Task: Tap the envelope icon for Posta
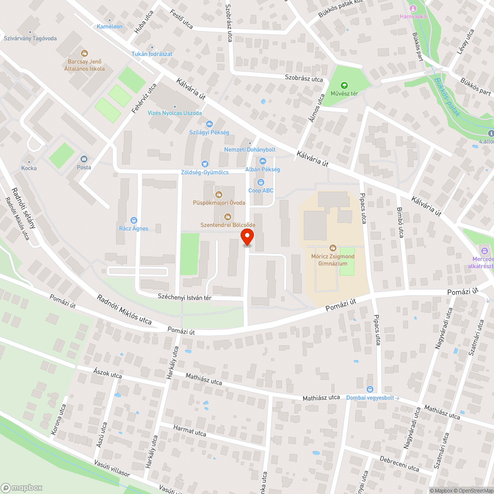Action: pos(83,159)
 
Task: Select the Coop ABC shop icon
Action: pos(261,182)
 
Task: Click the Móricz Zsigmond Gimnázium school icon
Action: pos(333,248)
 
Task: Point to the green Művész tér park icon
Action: pos(344,85)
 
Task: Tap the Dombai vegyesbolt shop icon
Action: pos(370,389)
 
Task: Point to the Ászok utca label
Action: pos(107,373)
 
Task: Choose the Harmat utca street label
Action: pos(190,430)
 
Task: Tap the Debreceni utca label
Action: pos(399,463)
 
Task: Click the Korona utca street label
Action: pos(58,420)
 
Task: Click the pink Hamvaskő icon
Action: pos(413,8)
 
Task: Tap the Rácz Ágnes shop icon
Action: pos(133,220)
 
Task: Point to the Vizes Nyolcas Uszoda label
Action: pos(175,113)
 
